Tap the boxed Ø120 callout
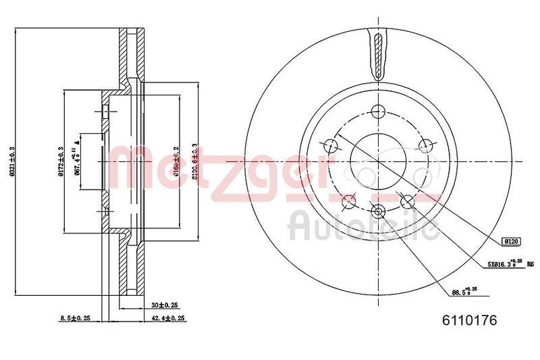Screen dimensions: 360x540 click(510, 240)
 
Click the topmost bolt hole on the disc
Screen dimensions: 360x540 click(378, 111)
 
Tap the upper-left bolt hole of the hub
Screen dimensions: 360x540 click(331, 145)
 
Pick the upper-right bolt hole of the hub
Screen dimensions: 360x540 click(425, 145)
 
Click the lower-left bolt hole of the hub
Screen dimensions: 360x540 click(349, 200)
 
